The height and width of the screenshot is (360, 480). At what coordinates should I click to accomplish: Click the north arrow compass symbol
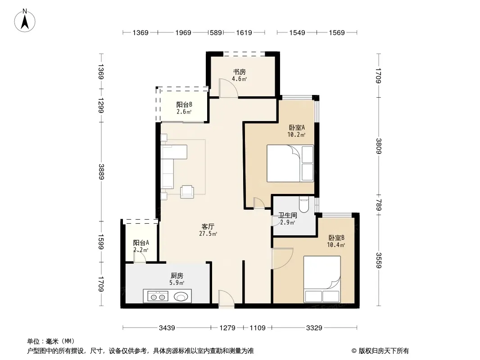point(25,21)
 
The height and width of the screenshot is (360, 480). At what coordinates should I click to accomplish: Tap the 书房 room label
point(240,72)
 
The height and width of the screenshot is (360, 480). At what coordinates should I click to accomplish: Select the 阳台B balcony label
point(184,104)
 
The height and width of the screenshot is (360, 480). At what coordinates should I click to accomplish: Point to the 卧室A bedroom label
point(297,127)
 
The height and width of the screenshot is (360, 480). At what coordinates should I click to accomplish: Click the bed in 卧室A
point(290,163)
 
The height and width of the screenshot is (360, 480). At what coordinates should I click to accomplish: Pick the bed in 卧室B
point(322,279)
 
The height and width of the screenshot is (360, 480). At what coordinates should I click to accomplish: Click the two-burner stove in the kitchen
point(158,296)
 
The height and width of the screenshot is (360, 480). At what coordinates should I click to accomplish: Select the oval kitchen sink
point(181,297)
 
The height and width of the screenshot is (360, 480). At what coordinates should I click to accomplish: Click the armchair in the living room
point(187,192)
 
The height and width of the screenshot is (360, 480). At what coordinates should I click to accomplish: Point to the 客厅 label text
point(208,227)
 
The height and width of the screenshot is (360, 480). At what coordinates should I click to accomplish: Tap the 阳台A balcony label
point(141,243)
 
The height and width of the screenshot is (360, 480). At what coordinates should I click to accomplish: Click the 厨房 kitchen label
point(177,275)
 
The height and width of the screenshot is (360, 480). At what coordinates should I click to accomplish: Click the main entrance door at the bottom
point(226,299)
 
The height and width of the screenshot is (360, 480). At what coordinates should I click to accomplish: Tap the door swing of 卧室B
point(282,259)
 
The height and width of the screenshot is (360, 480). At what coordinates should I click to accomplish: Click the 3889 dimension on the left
point(101,171)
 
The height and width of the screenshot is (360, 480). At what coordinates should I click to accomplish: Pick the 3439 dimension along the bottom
point(167,328)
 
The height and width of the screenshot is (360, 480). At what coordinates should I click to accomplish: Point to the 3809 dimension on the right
point(379,146)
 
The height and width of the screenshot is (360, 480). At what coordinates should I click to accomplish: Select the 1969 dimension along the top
point(183,32)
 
